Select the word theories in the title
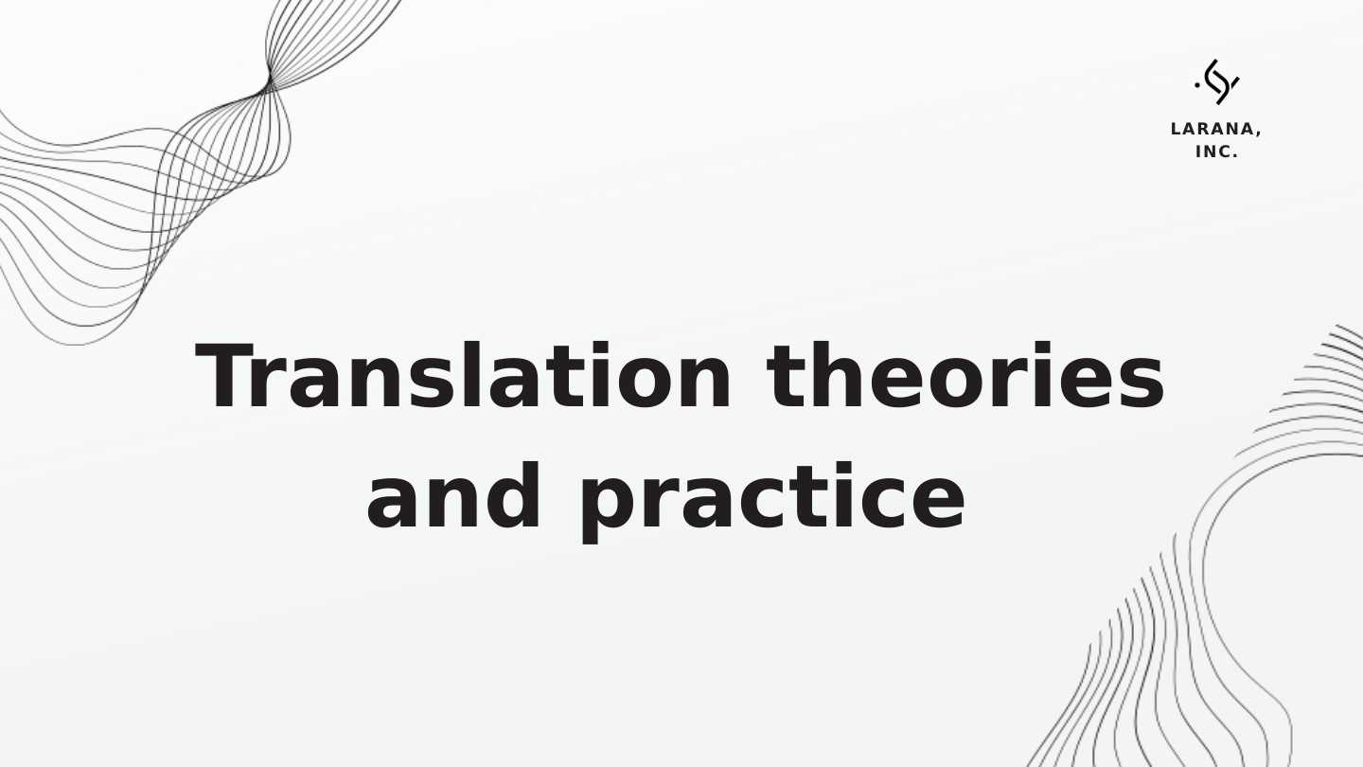point(966,376)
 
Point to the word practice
point(772,498)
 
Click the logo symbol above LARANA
point(1217,82)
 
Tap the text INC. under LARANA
point(1216,152)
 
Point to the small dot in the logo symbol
point(1196,84)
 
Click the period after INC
point(1235,156)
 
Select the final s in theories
point(1143,383)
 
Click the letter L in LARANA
point(1177,129)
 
